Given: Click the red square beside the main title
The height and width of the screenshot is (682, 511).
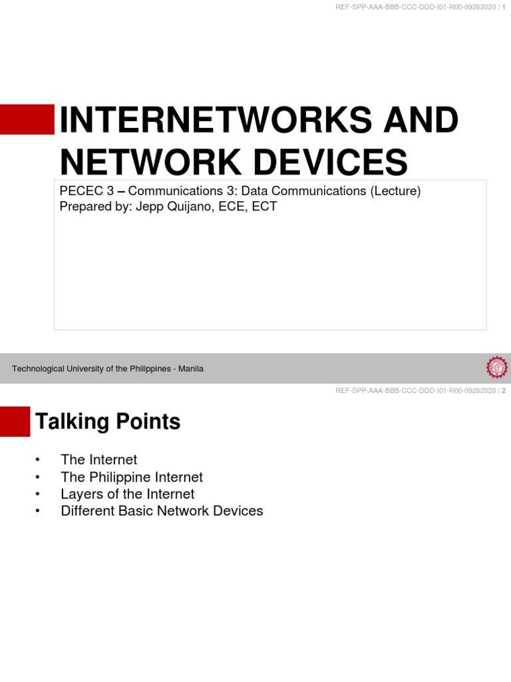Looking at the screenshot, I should click(27, 119).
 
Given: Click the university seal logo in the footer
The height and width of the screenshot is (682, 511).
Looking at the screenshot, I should click(496, 368).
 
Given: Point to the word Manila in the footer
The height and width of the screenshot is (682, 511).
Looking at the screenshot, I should click(190, 368).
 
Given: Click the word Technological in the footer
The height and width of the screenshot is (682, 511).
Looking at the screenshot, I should click(39, 368).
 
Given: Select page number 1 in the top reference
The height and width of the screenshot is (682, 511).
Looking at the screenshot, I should click(504, 7).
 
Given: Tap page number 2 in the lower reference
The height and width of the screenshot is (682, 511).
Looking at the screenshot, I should click(504, 391).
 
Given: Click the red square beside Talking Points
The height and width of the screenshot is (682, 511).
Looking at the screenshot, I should click(15, 422).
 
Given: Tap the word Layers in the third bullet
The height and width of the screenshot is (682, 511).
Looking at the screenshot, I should click(80, 494).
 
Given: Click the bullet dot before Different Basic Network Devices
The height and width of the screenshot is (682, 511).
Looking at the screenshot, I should click(38, 511).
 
